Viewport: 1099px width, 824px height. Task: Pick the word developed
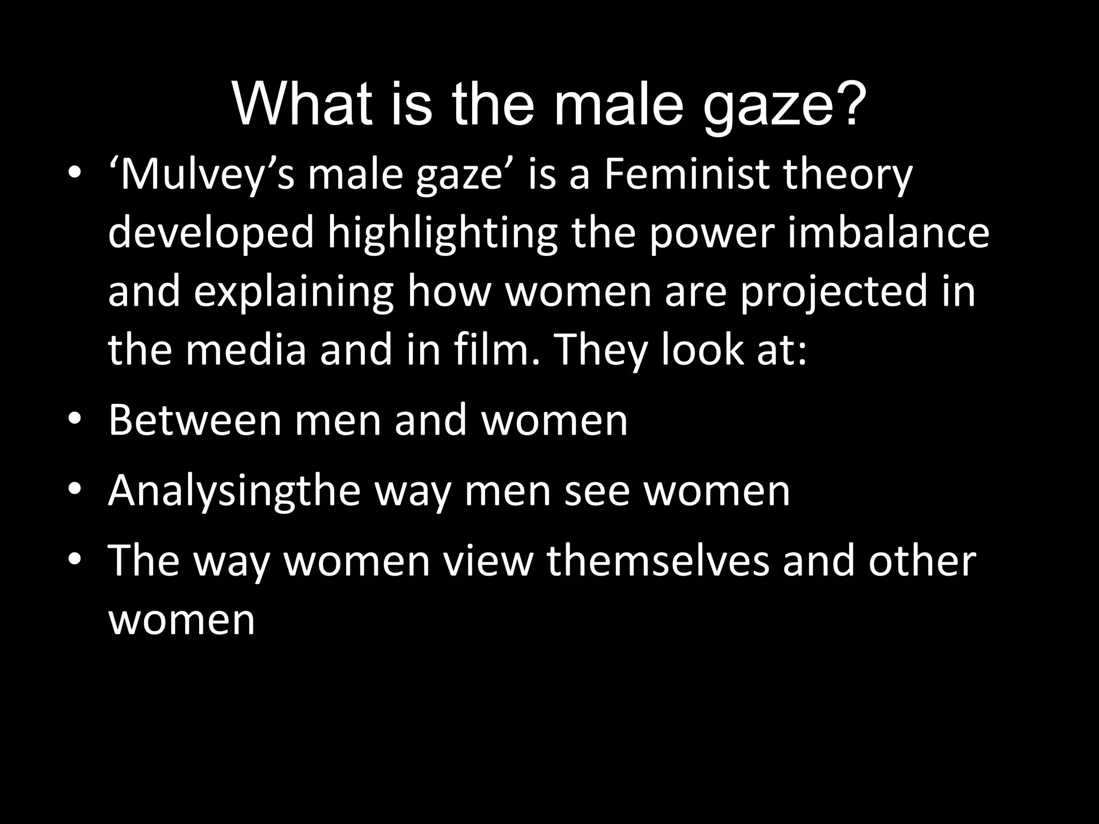point(211,234)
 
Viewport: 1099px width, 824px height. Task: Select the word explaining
point(294,292)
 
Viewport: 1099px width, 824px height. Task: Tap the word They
point(596,351)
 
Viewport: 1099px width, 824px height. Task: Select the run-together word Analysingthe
point(234,491)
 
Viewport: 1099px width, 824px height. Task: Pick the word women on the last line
point(181,620)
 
